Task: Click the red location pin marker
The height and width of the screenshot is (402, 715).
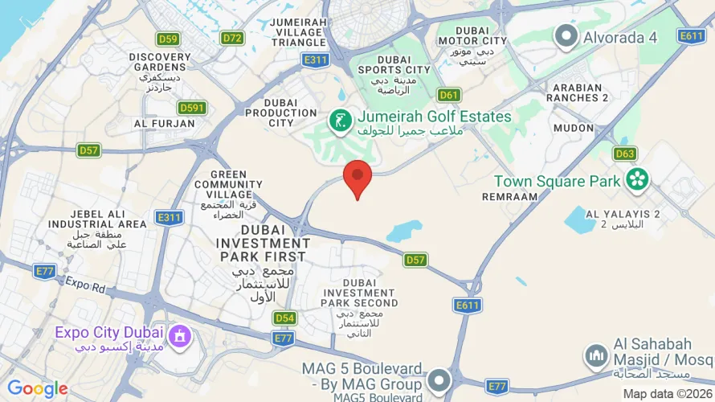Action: [x=357, y=177]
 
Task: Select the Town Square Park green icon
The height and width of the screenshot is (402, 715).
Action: [x=639, y=180]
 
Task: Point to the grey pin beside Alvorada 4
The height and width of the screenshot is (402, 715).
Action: [x=567, y=35]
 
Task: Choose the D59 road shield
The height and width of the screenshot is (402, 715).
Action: [x=169, y=39]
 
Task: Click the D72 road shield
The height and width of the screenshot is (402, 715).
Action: [x=233, y=38]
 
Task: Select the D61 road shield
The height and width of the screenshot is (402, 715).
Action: [x=450, y=95]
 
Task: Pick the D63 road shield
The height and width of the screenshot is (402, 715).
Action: [x=625, y=154]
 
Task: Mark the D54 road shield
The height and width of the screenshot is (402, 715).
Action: [x=284, y=318]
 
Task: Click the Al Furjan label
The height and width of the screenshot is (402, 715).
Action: [x=164, y=124]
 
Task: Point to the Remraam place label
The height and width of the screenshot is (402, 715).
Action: [x=509, y=196]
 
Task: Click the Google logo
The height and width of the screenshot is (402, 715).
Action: [x=38, y=389]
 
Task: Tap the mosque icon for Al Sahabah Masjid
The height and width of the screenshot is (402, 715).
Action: [x=595, y=354]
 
